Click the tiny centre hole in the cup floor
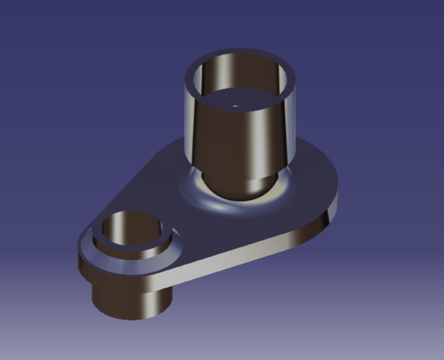pyautogui.click(x=235, y=104)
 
